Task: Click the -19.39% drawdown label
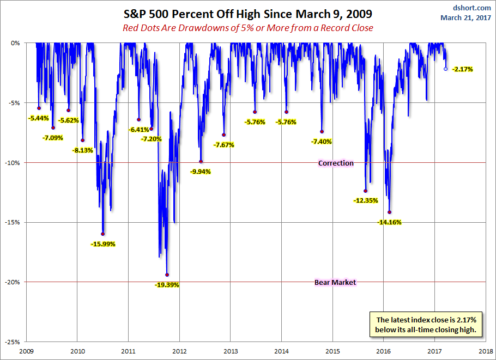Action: (x=167, y=285)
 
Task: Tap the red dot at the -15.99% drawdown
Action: (x=103, y=234)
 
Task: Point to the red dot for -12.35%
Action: (x=365, y=191)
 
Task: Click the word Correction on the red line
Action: (x=336, y=163)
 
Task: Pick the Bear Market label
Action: (x=335, y=282)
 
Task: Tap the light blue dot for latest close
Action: (x=445, y=69)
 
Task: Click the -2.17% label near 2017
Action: (x=462, y=69)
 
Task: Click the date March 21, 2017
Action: (x=467, y=17)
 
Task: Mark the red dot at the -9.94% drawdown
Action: (x=201, y=162)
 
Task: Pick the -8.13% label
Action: (x=83, y=150)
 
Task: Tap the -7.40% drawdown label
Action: (x=322, y=142)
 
